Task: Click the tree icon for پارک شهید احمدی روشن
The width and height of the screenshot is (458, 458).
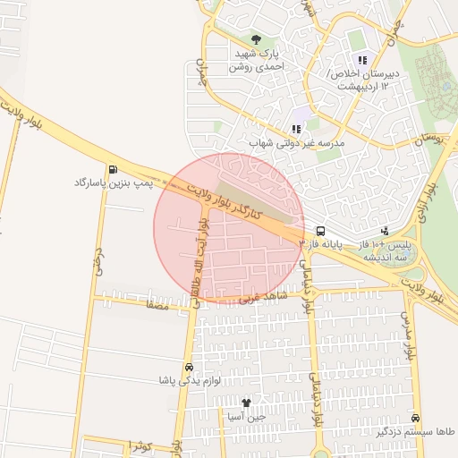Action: point(257,39)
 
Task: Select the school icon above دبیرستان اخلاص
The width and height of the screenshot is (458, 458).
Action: point(362,60)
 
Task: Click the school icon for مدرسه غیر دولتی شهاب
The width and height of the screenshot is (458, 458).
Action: point(296,129)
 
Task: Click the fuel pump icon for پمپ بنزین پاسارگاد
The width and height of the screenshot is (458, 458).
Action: point(113,169)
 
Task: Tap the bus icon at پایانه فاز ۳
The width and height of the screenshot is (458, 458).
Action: point(320,230)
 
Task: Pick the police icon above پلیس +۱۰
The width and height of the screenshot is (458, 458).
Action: point(385,230)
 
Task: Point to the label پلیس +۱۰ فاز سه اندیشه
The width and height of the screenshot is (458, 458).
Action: point(384,250)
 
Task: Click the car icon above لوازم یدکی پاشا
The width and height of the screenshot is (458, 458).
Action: point(188,368)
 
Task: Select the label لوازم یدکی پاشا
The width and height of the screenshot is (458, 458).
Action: point(188,382)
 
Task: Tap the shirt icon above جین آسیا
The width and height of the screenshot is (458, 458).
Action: point(247,403)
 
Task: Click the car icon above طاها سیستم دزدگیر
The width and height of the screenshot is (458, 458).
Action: point(415,418)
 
